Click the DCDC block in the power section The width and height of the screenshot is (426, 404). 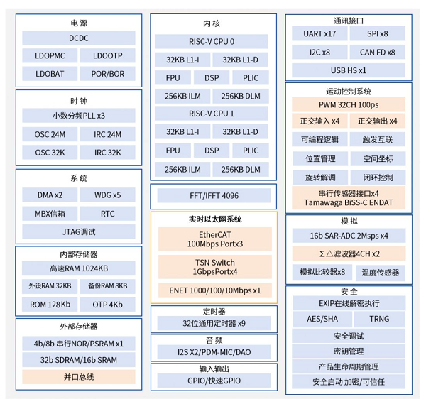(x=79, y=38)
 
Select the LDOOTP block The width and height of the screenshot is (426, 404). (x=108, y=55)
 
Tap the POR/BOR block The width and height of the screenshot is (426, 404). (x=108, y=74)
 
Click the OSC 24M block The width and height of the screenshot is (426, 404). (x=50, y=134)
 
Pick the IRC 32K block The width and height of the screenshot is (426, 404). (x=108, y=153)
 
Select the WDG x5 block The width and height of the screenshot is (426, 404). (x=108, y=195)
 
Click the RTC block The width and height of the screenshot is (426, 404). (x=108, y=214)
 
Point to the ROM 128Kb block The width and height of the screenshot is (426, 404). (x=50, y=305)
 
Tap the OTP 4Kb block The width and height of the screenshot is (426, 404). (x=108, y=305)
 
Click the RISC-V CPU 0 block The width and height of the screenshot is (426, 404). (x=212, y=42)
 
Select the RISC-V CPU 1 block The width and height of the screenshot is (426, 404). (x=212, y=114)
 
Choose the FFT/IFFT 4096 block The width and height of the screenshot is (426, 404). (x=214, y=195)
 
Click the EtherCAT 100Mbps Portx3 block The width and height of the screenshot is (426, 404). (x=215, y=239)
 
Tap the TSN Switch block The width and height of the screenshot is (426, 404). (x=215, y=267)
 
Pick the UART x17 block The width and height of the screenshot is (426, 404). (x=319, y=33)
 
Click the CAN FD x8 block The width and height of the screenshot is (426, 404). (x=378, y=52)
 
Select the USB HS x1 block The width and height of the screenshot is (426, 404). (x=349, y=70)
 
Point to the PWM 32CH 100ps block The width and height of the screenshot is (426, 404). (x=349, y=104)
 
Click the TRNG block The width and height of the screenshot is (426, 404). (x=379, y=319)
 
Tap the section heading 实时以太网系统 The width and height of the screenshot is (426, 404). (x=215, y=219)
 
